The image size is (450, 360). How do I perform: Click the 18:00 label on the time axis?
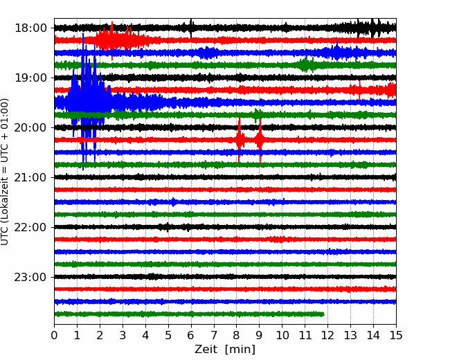tap(30, 28)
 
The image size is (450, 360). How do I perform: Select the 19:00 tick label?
tap(30, 78)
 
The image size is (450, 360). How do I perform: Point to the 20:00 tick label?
tap(30, 127)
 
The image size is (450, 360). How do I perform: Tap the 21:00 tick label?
tap(30, 177)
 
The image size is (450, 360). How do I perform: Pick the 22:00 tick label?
tap(30, 227)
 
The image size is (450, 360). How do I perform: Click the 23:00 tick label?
tap(30, 277)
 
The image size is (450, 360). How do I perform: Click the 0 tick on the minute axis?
tap(54, 335)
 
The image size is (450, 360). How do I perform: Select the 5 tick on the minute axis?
tap(168, 335)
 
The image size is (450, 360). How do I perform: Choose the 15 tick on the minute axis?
tap(396, 335)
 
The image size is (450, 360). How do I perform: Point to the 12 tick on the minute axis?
tap(327, 335)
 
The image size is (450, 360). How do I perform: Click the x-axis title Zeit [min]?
tap(225, 350)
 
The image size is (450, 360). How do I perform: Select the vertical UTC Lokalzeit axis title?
tap(4, 172)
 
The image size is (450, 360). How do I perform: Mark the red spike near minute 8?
tap(239, 140)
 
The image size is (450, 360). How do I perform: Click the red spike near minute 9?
tap(260, 140)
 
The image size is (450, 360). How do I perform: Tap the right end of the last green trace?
tap(324, 314)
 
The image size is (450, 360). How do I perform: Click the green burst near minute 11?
tap(306, 64)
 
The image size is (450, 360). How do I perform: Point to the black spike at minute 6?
tap(191, 28)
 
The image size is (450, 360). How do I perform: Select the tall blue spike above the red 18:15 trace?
tap(83, 46)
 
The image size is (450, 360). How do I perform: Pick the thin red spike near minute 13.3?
tap(359, 90)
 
